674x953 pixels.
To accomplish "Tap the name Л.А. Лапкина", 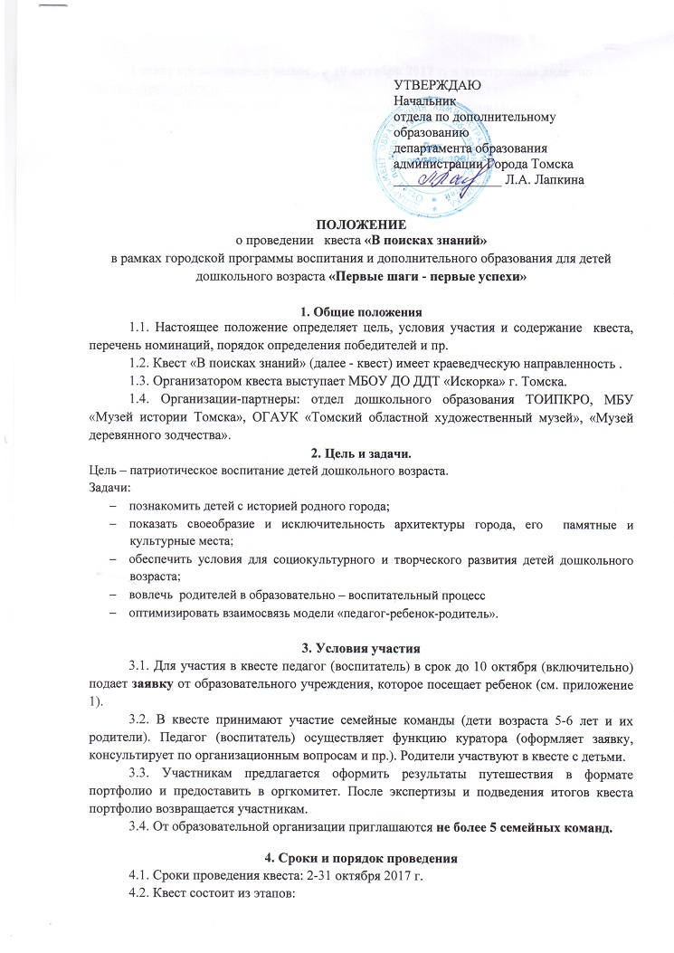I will [546, 181].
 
